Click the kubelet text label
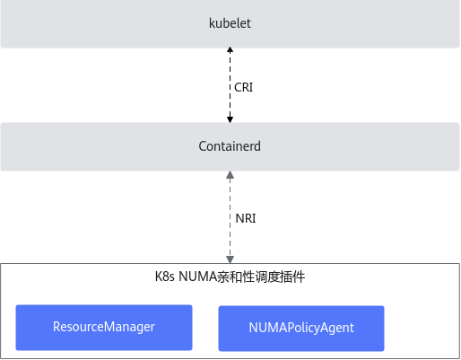pos(230,23)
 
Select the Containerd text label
pos(230,146)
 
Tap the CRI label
pos(243,87)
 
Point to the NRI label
pos(246,218)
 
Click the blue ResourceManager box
pos(104,328)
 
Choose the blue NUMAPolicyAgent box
pos(301,329)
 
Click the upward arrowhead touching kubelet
pos(230,49)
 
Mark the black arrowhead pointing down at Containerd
pos(230,119)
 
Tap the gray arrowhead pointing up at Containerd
pos(230,175)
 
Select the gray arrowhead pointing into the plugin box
pos(230,259)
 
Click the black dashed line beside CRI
pos(230,84)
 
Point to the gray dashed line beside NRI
pos(230,217)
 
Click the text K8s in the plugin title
pos(165,277)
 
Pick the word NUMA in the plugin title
pos(197,277)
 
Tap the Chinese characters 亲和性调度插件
pos(261,277)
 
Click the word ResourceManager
pos(104,327)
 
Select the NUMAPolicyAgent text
pos(301,328)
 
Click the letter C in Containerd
pos(203,146)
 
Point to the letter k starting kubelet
pos(212,23)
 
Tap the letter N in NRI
pos(239,218)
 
